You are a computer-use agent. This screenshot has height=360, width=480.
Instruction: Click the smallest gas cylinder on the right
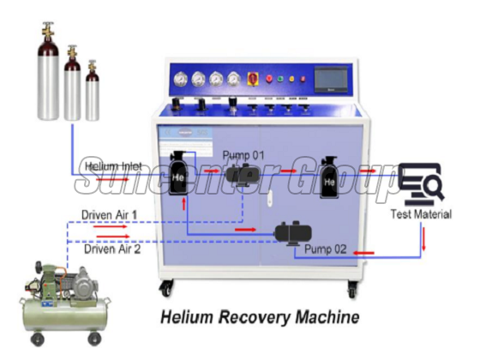point(92,92)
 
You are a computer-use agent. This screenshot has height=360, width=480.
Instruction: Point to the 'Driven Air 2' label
point(111,249)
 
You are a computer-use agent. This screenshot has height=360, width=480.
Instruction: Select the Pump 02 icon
point(291,231)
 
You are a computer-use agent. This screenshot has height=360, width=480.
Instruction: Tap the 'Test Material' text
point(421,214)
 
